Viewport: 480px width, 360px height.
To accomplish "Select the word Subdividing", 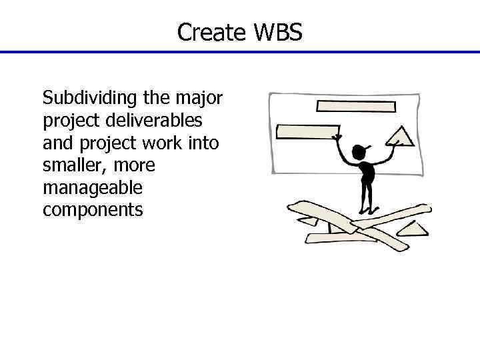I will click(x=90, y=99).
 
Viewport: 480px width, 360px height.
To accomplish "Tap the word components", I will click(x=93, y=210).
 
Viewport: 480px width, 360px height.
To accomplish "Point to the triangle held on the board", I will click(x=400, y=136).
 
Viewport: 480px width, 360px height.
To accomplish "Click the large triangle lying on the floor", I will click(x=412, y=228).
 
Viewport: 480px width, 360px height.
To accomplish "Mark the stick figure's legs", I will click(x=365, y=197).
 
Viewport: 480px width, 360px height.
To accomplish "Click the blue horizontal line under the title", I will click(x=240, y=52).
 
